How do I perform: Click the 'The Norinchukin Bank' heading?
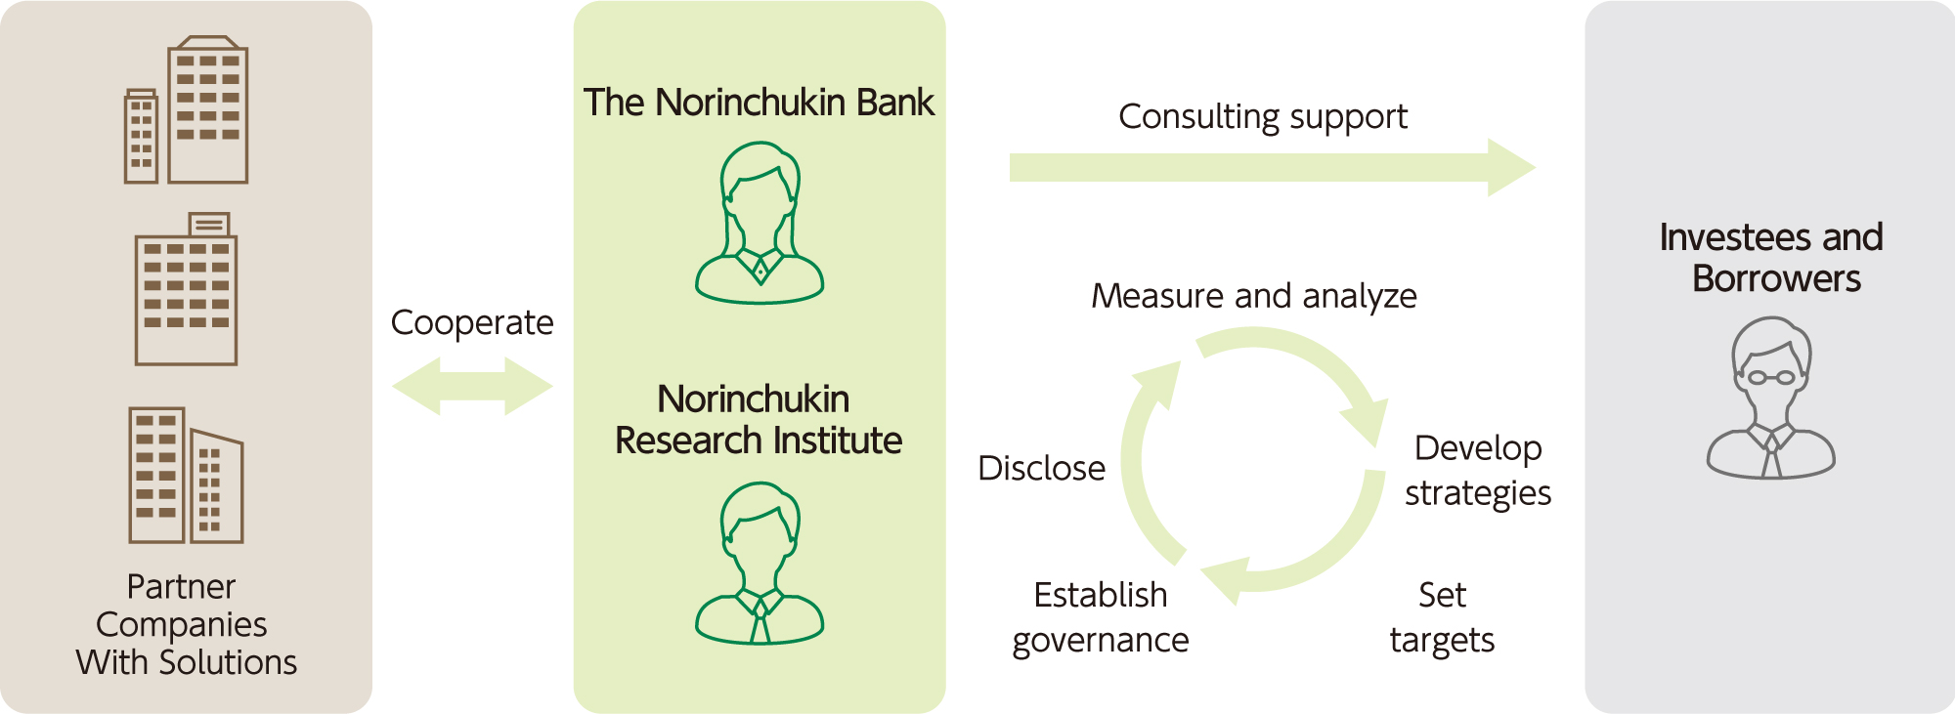[x=759, y=103]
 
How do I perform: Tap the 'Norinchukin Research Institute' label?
[x=758, y=420]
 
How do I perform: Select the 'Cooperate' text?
[x=472, y=323]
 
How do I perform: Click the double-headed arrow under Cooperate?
[x=472, y=386]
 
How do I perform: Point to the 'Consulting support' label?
[x=1263, y=117]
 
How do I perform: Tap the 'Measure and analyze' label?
[x=1254, y=296]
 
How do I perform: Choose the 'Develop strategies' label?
[x=1478, y=471]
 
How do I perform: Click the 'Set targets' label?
[x=1442, y=617]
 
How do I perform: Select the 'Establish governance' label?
[x=1101, y=617]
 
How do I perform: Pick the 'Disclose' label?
[x=1042, y=469]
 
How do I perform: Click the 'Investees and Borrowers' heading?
[x=1772, y=258]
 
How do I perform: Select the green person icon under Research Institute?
[x=760, y=564]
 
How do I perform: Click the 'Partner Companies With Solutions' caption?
[x=186, y=625]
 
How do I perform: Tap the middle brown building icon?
[x=187, y=290]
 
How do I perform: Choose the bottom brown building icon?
[x=186, y=476]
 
